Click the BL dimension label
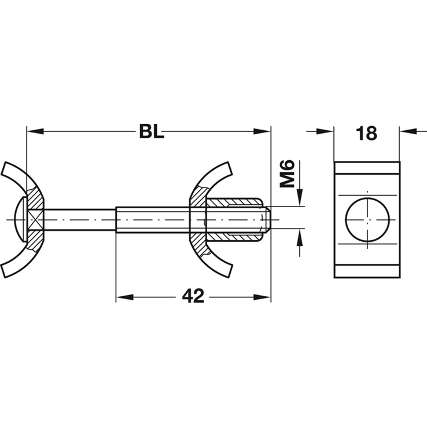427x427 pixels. coord(152,131)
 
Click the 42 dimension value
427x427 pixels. coord(193,297)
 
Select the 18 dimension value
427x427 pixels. coord(367,133)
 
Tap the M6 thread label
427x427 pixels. coord(288,174)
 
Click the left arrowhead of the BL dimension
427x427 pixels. coord(35,131)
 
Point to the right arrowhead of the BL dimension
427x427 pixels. coord(262,131)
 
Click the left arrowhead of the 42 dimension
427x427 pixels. coord(125,297)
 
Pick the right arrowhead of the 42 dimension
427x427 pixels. coord(262,297)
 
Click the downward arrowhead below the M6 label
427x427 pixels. coord(300,197)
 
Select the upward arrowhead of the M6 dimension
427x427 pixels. coord(300,237)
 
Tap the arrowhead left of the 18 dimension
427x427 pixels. coord(325,131)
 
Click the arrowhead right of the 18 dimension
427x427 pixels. coord(408,131)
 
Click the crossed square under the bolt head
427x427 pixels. coord(35,219)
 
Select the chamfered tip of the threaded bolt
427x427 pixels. coord(267,219)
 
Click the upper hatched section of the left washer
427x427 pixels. coord(35,198)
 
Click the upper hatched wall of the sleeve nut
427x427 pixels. coord(234,203)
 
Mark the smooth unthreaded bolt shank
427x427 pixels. coord(80,219)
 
